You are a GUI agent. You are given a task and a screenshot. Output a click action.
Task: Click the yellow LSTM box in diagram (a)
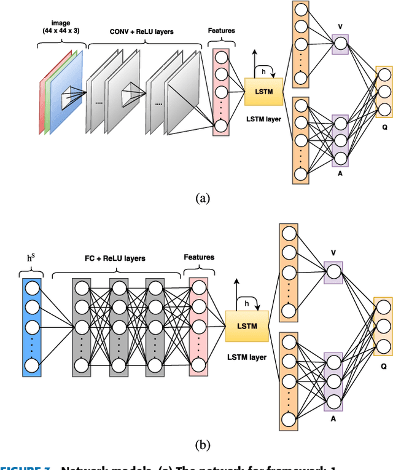tap(263, 91)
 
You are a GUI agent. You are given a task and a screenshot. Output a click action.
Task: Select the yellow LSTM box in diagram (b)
tap(247, 325)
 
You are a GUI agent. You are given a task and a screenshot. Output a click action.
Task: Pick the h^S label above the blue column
tap(31, 258)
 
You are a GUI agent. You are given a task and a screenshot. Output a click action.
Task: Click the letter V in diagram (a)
tap(340, 27)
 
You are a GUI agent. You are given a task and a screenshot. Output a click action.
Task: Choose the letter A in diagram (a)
tap(340, 174)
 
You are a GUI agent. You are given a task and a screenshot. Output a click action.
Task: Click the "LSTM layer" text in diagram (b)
tap(247, 357)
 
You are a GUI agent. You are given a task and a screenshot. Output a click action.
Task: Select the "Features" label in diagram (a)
tap(222, 30)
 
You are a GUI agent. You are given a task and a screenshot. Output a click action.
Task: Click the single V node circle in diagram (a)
tap(340, 44)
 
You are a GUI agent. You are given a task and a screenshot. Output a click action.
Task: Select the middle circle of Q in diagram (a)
tap(384, 92)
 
